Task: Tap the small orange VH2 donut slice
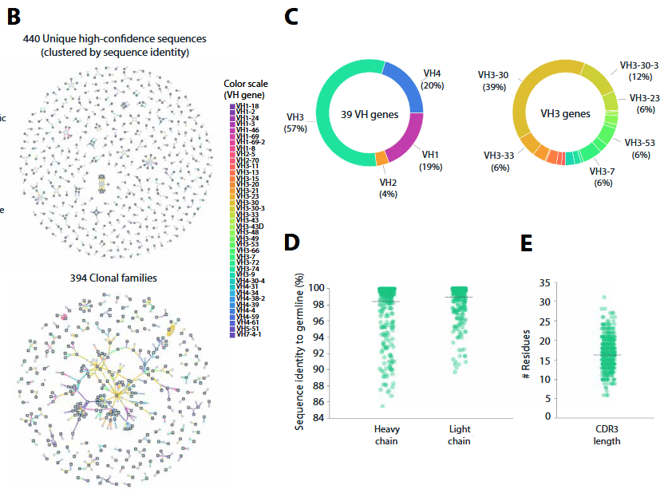[381, 159]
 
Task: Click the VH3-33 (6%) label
[500, 162]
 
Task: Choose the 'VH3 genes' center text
[563, 113]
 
